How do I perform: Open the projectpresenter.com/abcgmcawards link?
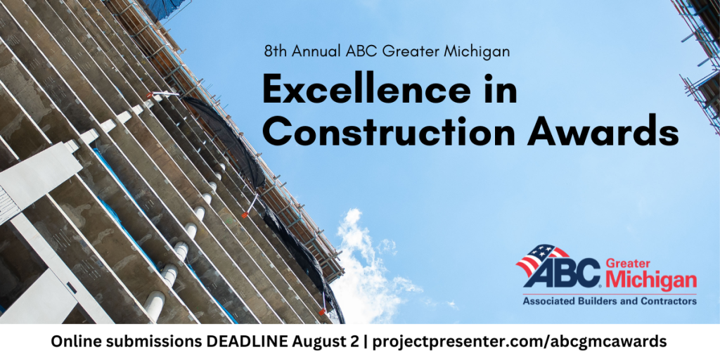520,342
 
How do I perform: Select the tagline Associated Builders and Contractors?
609,301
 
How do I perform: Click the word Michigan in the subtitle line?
485,51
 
